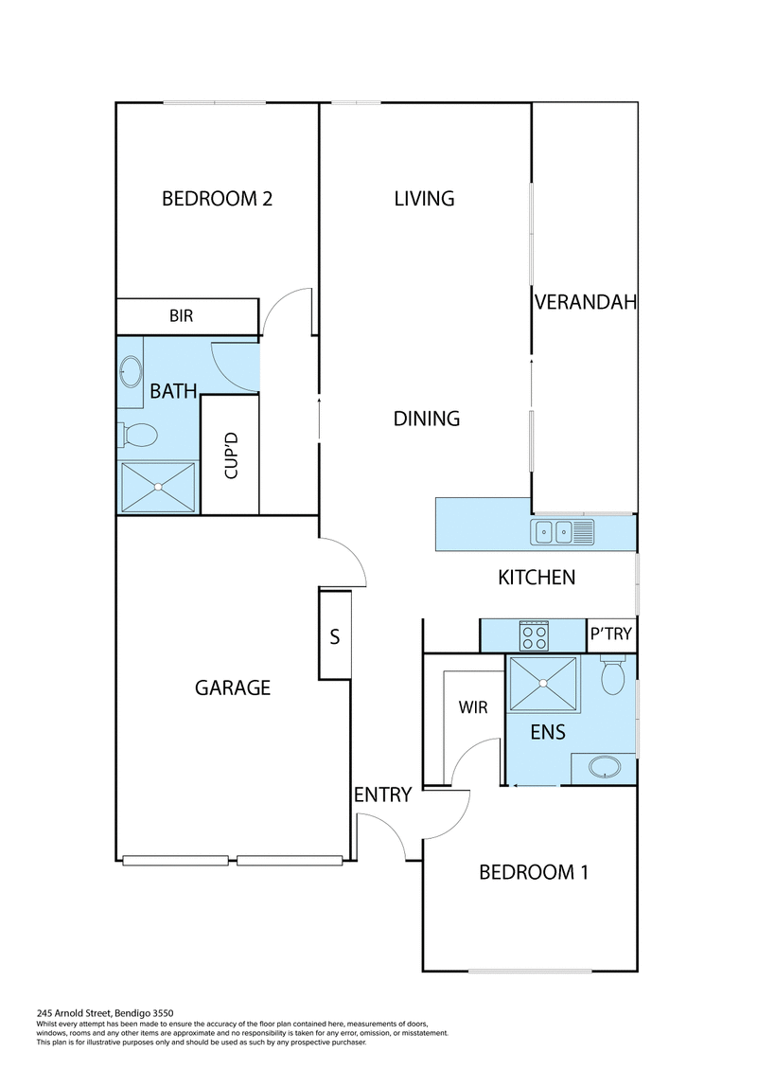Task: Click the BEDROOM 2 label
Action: (x=217, y=199)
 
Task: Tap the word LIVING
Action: (x=424, y=198)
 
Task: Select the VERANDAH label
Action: (x=585, y=302)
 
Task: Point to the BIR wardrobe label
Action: (x=182, y=315)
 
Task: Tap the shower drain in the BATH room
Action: (x=158, y=487)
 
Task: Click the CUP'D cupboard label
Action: (x=231, y=455)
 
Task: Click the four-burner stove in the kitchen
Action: (x=534, y=636)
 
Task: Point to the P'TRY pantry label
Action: (x=611, y=634)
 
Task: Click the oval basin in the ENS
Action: (x=605, y=767)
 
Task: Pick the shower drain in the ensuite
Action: (x=543, y=683)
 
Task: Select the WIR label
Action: (x=473, y=707)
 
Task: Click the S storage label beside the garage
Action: (x=334, y=636)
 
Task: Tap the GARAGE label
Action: (x=233, y=687)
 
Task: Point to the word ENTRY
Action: (x=383, y=795)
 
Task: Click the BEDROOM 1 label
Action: (x=534, y=872)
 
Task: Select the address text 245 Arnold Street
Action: (x=74, y=1013)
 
